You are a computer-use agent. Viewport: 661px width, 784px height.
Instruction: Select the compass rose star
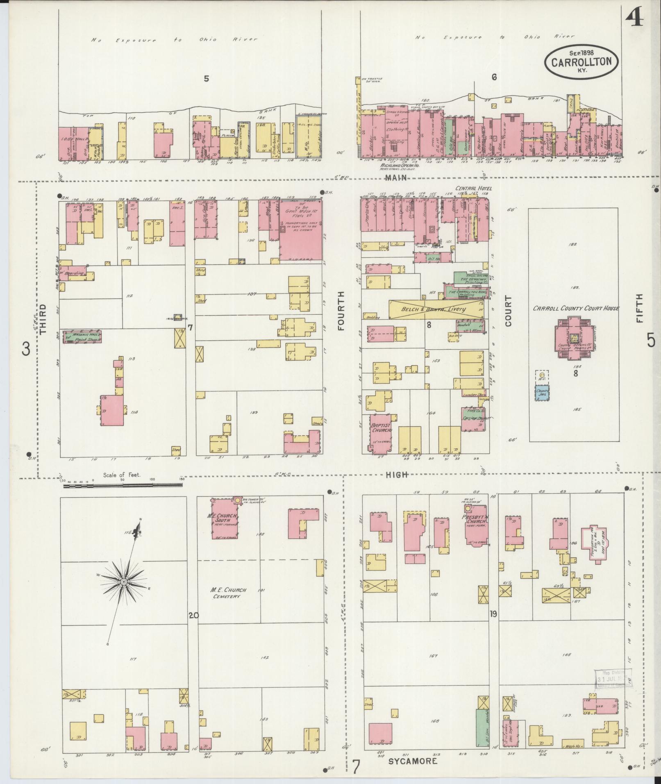click(123, 582)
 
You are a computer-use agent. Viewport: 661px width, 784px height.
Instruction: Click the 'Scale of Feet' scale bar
click(122, 485)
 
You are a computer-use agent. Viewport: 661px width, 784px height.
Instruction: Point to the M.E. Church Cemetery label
click(228, 593)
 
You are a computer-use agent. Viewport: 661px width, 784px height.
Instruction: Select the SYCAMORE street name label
click(412, 761)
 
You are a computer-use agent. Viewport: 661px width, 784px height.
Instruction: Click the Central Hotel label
click(474, 189)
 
